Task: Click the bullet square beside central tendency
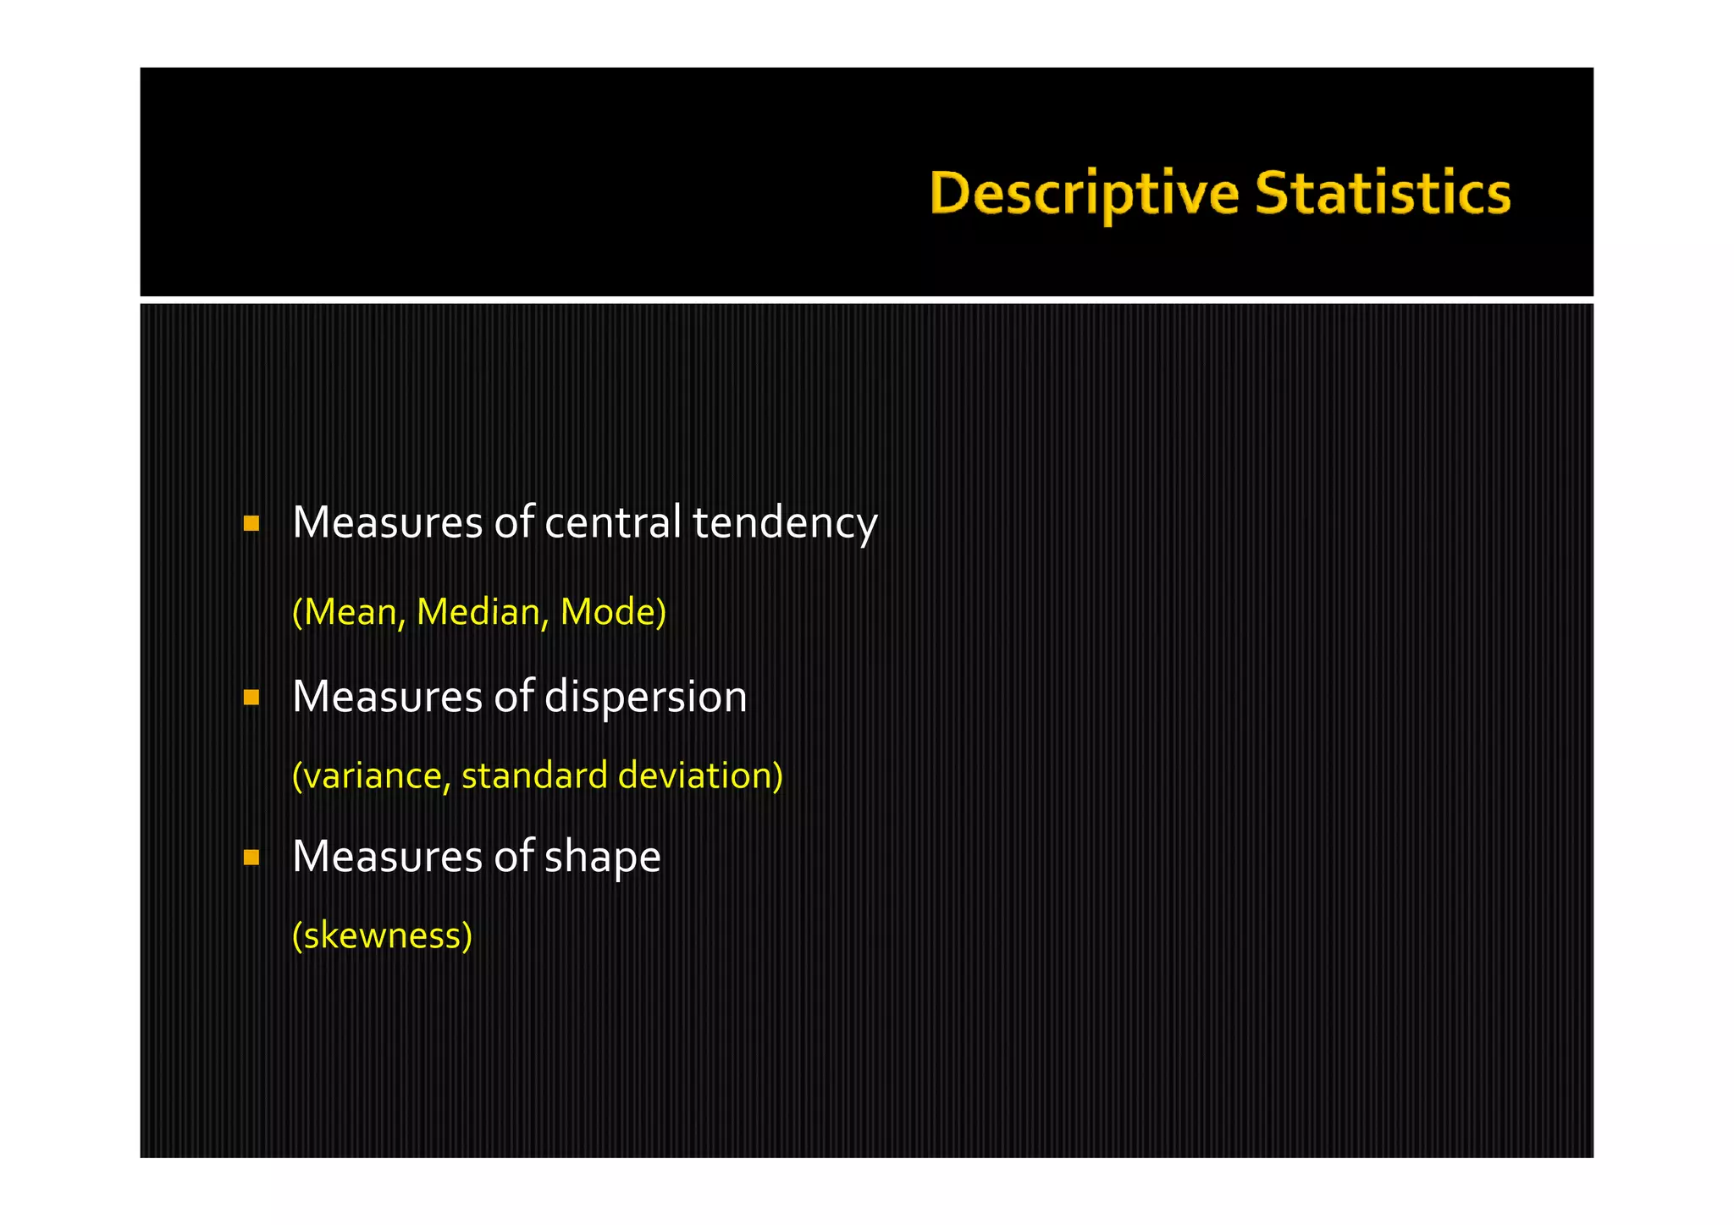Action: click(251, 523)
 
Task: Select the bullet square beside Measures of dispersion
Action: click(251, 698)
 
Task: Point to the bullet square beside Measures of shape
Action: click(251, 858)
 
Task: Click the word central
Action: click(612, 522)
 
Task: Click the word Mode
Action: click(610, 612)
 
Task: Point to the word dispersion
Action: click(645, 698)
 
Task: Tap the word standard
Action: click(534, 776)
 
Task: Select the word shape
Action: click(602, 858)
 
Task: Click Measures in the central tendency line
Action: click(387, 522)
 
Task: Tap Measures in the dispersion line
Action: click(387, 698)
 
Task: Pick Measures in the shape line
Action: click(387, 857)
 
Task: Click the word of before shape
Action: click(514, 857)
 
